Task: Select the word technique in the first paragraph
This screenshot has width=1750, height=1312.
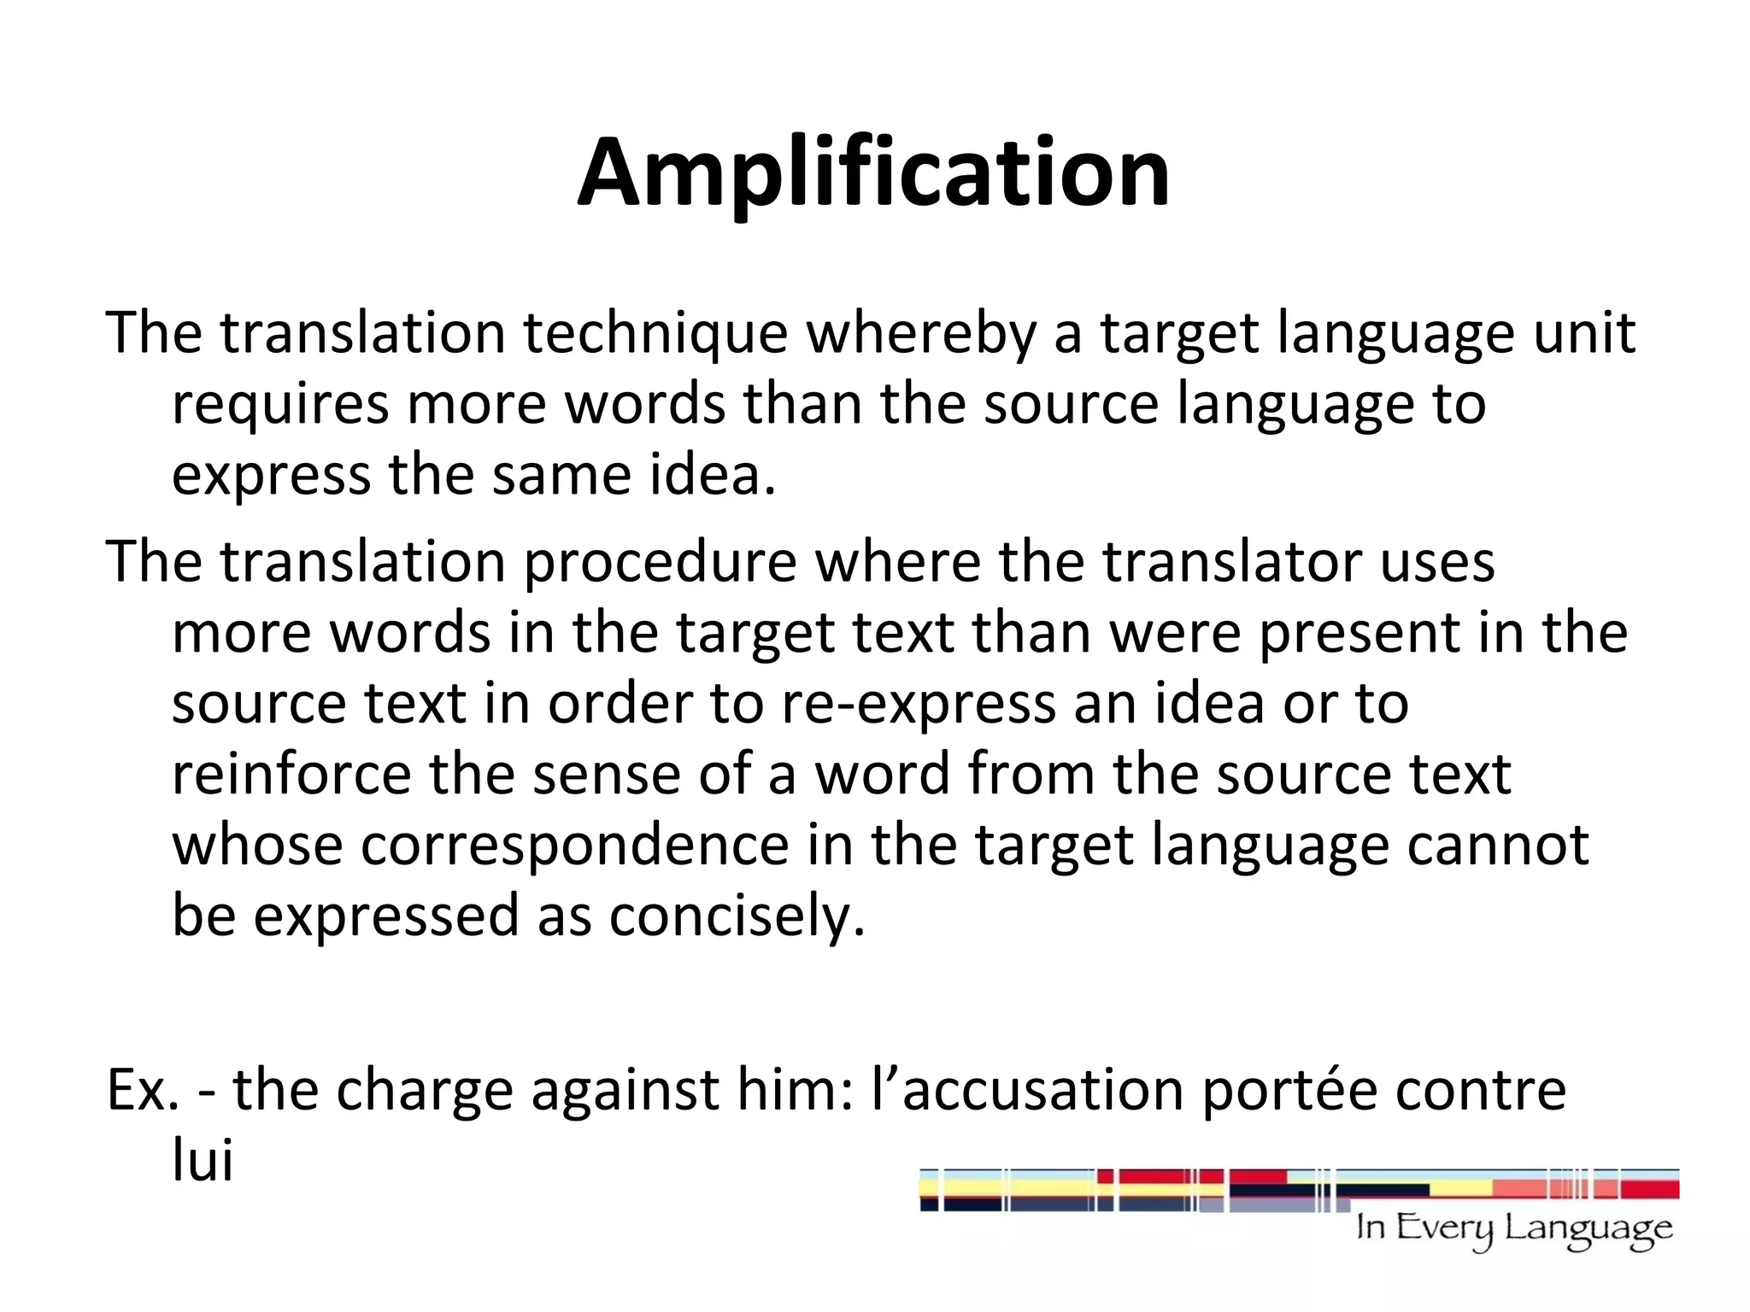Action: click(655, 334)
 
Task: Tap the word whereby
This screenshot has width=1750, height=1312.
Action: click(921, 334)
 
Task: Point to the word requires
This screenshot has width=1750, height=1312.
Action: click(280, 405)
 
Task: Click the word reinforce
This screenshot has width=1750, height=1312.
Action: click(291, 774)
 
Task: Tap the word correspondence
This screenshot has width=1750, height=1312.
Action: click(574, 846)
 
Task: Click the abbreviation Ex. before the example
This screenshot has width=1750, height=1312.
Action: click(142, 1091)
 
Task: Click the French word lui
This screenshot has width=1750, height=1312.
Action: click(203, 1162)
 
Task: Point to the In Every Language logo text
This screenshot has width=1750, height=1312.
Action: click(1513, 1230)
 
